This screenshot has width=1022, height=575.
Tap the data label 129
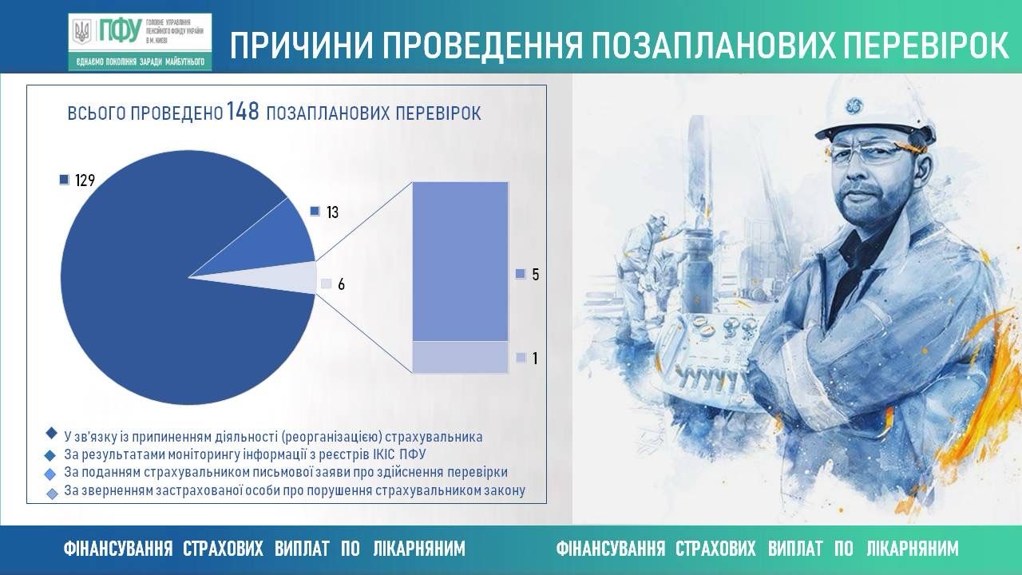pos(85,180)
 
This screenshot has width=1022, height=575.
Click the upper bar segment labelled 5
pos(460,261)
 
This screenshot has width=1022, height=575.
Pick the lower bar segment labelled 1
pos(460,357)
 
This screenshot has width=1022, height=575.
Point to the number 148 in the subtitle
pos(242,111)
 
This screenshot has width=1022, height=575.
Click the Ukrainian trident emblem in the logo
pos(82,32)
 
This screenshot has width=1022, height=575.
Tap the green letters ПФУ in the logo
pos(120,31)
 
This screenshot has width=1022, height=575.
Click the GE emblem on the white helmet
pos(854,105)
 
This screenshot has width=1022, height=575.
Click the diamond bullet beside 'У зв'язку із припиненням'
pos(52,433)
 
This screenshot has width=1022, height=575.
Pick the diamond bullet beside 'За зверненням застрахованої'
pos(53,494)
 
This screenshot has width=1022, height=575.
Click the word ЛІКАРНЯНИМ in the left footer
pos(419,548)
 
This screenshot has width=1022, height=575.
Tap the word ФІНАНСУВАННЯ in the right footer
pos(611,548)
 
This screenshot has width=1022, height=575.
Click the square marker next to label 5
pos(521,274)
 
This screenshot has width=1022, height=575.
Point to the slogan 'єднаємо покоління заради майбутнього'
pos(140,62)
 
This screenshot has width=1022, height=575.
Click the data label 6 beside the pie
pos(341,285)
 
